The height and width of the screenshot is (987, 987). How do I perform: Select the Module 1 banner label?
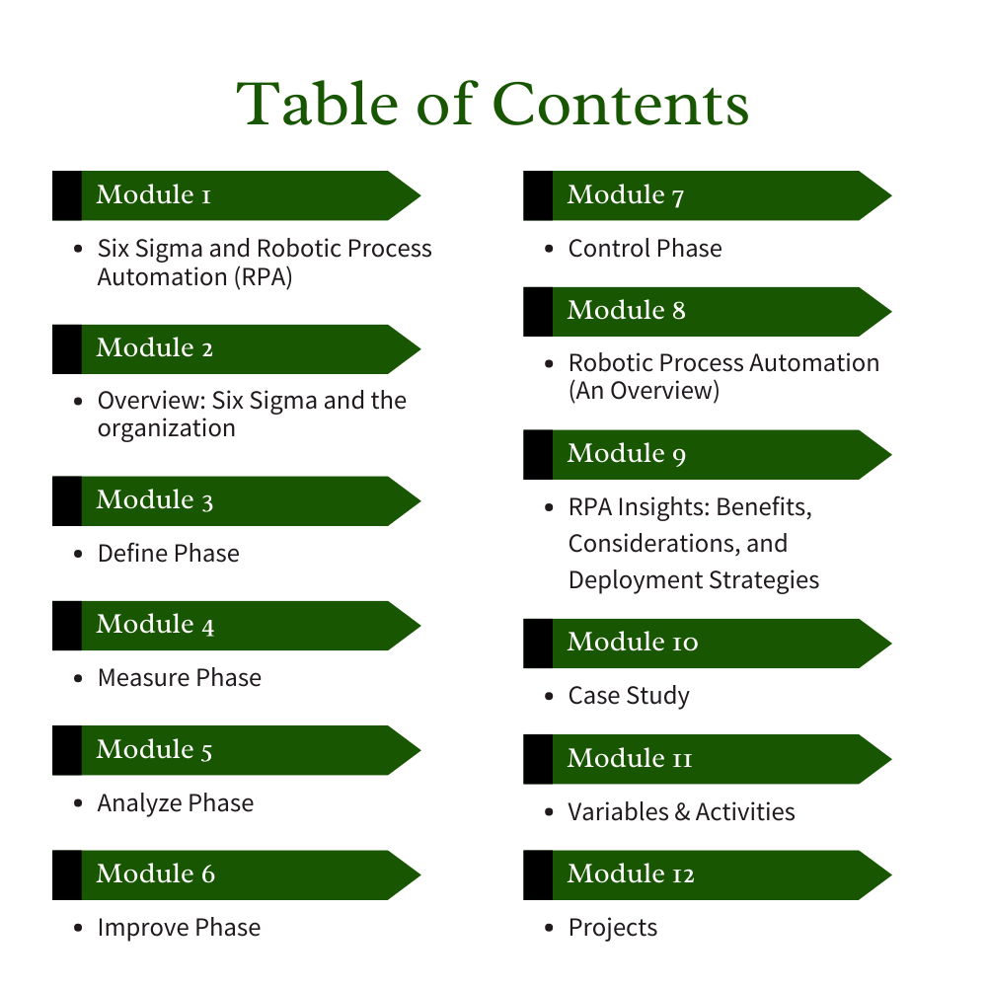[154, 195]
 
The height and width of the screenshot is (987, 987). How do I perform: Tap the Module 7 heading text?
[626, 195]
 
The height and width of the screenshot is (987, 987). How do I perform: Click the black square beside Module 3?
[67, 501]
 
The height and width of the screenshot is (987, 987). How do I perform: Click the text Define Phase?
[168, 554]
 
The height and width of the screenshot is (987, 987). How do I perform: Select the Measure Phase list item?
[179, 678]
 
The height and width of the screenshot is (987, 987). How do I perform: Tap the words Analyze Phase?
[175, 803]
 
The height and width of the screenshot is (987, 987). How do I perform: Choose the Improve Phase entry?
[179, 928]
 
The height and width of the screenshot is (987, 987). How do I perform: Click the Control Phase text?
[645, 249]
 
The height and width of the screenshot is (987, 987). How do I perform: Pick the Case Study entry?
[629, 696]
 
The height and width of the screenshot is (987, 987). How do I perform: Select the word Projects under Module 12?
[612, 928]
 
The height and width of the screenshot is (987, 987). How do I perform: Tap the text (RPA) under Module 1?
[264, 277]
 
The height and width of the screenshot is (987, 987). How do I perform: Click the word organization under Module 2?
[166, 428]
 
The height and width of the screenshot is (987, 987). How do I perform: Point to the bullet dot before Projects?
[550, 928]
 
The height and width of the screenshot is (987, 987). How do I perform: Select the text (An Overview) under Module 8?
[644, 391]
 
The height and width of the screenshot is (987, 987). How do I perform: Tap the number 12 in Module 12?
[679, 874]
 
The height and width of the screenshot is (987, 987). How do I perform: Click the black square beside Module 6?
[67, 874]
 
